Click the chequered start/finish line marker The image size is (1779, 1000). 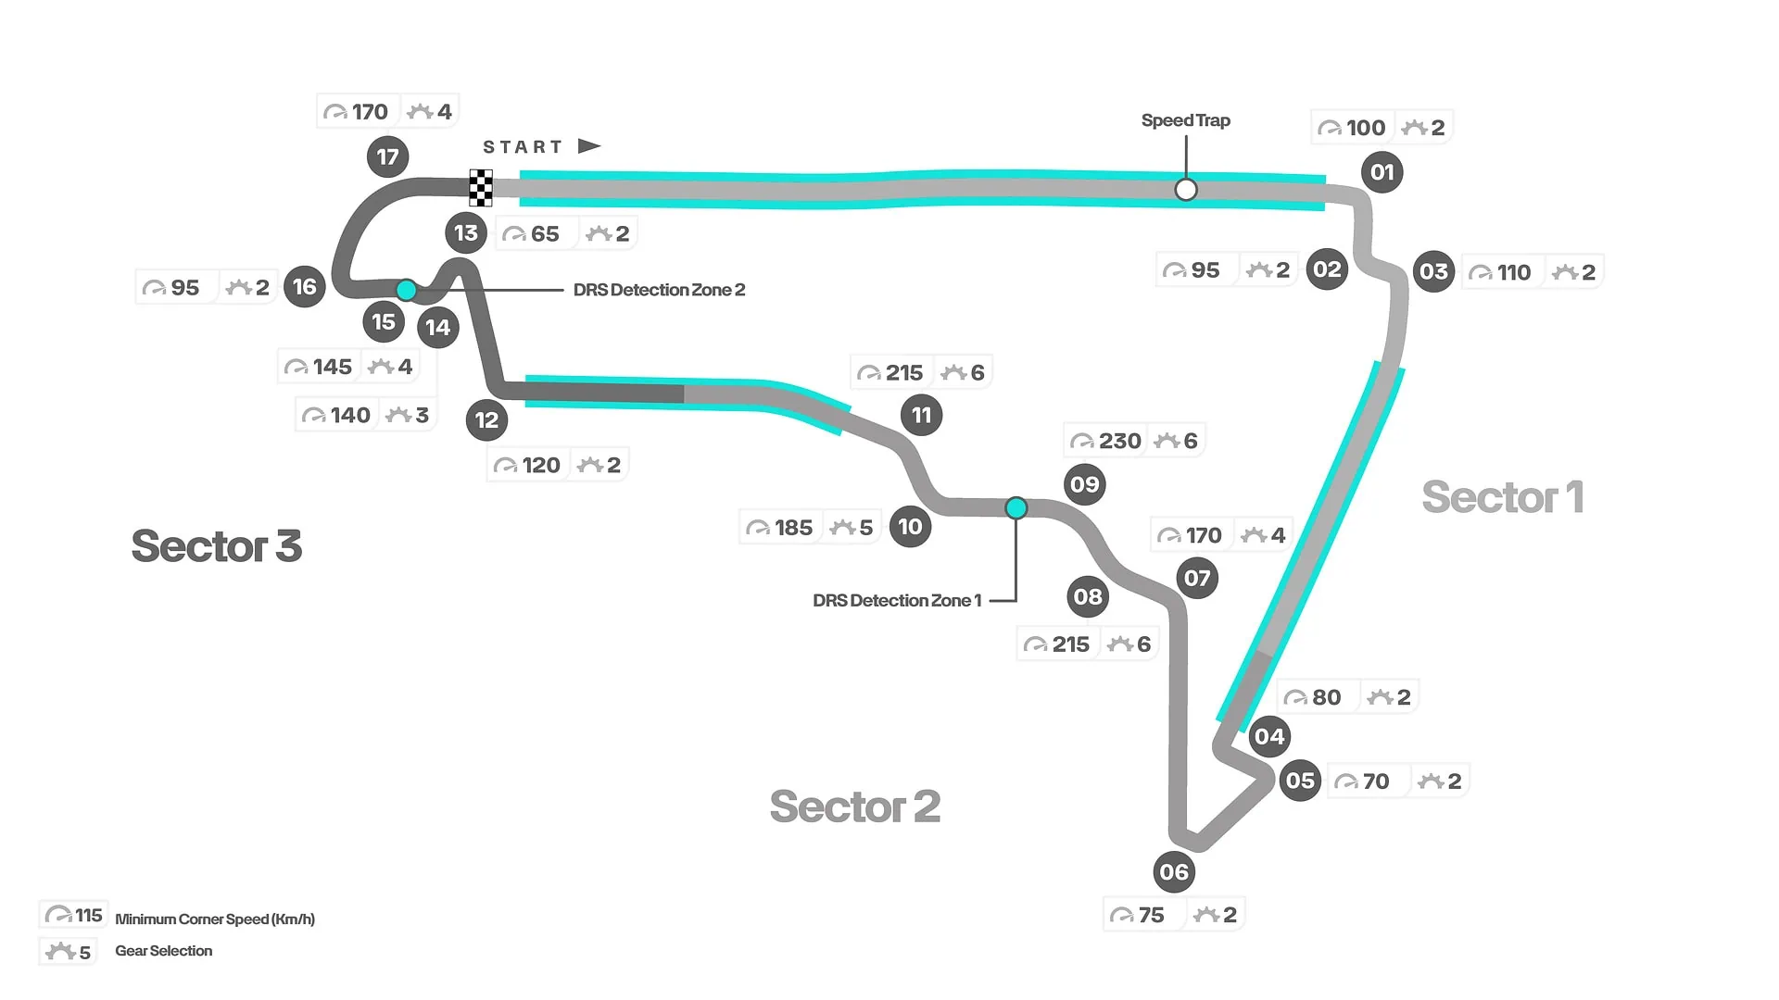coord(480,188)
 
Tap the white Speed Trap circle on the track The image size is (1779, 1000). coord(1185,190)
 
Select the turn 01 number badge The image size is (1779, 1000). coord(1382,172)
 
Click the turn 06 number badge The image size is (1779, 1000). coord(1173,872)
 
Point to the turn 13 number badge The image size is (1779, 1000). coord(465,233)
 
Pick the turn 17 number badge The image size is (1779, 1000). coord(387,157)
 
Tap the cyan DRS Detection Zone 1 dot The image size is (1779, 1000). coord(1016,507)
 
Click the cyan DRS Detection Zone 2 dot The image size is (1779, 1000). coord(406,290)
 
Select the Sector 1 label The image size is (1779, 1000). coord(1502,497)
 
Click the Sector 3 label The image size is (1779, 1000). coord(217,546)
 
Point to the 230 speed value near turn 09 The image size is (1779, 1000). coord(1119,441)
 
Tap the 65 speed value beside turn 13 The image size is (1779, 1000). coord(545,234)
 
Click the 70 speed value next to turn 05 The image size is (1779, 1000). coord(1375,781)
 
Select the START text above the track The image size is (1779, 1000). coord(523,147)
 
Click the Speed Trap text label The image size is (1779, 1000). coord(1185,120)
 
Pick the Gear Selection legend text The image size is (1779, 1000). coord(163,951)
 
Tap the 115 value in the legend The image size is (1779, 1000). coord(88,916)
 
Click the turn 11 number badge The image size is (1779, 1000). coord(921,415)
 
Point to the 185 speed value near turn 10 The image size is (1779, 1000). coord(793,528)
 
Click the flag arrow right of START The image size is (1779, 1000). coord(589,146)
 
